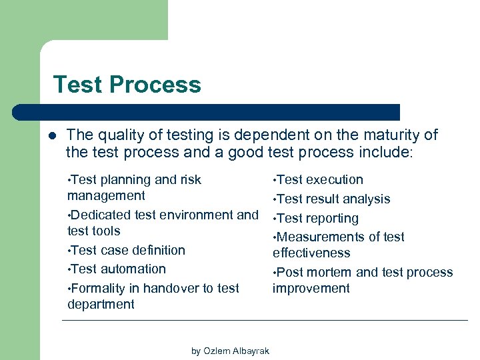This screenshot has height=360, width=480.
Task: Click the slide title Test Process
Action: (x=127, y=85)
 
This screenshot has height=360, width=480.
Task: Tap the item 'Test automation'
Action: (x=117, y=269)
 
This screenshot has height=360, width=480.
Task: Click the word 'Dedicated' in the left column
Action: (x=100, y=215)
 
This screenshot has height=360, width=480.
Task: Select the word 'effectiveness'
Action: (x=311, y=253)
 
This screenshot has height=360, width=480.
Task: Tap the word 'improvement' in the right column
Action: (x=311, y=289)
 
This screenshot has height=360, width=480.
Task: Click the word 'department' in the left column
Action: (x=101, y=305)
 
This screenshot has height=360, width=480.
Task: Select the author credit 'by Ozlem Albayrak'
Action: (x=230, y=351)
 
